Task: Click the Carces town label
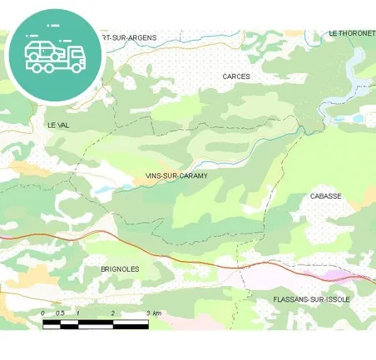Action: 236,76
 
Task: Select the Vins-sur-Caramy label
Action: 176,176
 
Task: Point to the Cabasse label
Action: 325,196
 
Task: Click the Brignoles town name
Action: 119,269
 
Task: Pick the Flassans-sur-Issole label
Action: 312,299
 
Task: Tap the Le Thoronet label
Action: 351,33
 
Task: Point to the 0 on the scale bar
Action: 43,313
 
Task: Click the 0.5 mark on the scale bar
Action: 59,313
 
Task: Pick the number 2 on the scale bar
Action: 112,313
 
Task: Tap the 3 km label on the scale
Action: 153,313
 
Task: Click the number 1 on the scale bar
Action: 77,313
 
